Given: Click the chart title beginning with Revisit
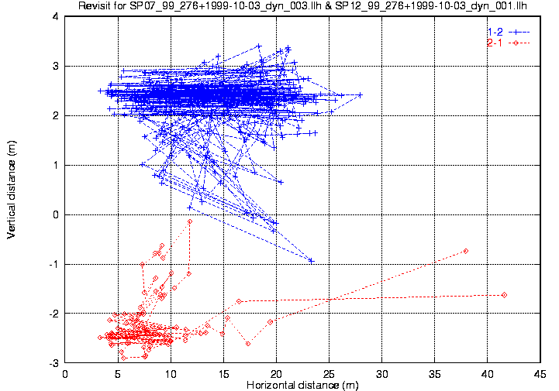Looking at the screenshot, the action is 302,5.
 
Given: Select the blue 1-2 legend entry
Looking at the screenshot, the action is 509,32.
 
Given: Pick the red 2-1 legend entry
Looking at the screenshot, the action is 509,43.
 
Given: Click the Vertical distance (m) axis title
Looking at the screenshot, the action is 12,190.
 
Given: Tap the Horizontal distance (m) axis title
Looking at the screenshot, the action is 302,386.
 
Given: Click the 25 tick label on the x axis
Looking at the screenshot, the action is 329,374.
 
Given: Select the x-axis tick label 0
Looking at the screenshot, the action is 65,374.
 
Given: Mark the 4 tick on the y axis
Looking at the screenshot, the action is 56,16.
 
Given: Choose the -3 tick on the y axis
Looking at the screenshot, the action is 53,363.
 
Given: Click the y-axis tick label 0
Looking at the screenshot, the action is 56,214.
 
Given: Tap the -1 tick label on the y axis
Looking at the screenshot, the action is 53,264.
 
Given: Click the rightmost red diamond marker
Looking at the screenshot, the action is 504,295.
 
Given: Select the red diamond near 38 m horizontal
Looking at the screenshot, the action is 466,251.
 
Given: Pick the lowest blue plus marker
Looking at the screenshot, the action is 311,261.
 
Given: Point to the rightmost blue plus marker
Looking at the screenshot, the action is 360,95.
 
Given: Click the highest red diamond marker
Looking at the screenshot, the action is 190,221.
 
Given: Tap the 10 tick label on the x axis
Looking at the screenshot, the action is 171,374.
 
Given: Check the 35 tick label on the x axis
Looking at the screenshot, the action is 435,374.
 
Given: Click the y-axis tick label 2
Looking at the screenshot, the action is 56,115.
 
